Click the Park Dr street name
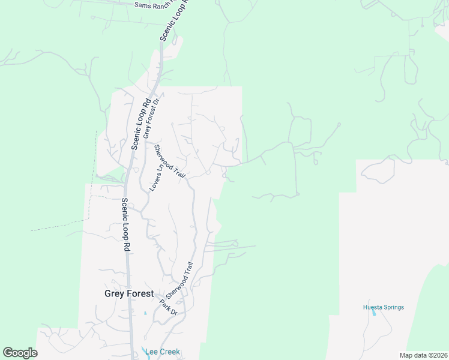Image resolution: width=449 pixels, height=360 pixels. pyautogui.click(x=169, y=308)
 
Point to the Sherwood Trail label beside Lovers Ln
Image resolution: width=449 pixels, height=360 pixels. pyautogui.click(x=170, y=161)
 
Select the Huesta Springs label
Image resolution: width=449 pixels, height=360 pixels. pyautogui.click(x=384, y=307)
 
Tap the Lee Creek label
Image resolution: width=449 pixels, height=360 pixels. pyautogui.click(x=161, y=352)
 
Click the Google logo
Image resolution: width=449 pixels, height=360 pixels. pyautogui.click(x=20, y=353)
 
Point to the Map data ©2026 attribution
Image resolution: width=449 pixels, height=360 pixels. pyautogui.click(x=423, y=355)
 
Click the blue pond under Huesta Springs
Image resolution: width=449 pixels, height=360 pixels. pyautogui.click(x=374, y=313)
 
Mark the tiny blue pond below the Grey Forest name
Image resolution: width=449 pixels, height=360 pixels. pyautogui.click(x=145, y=313)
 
